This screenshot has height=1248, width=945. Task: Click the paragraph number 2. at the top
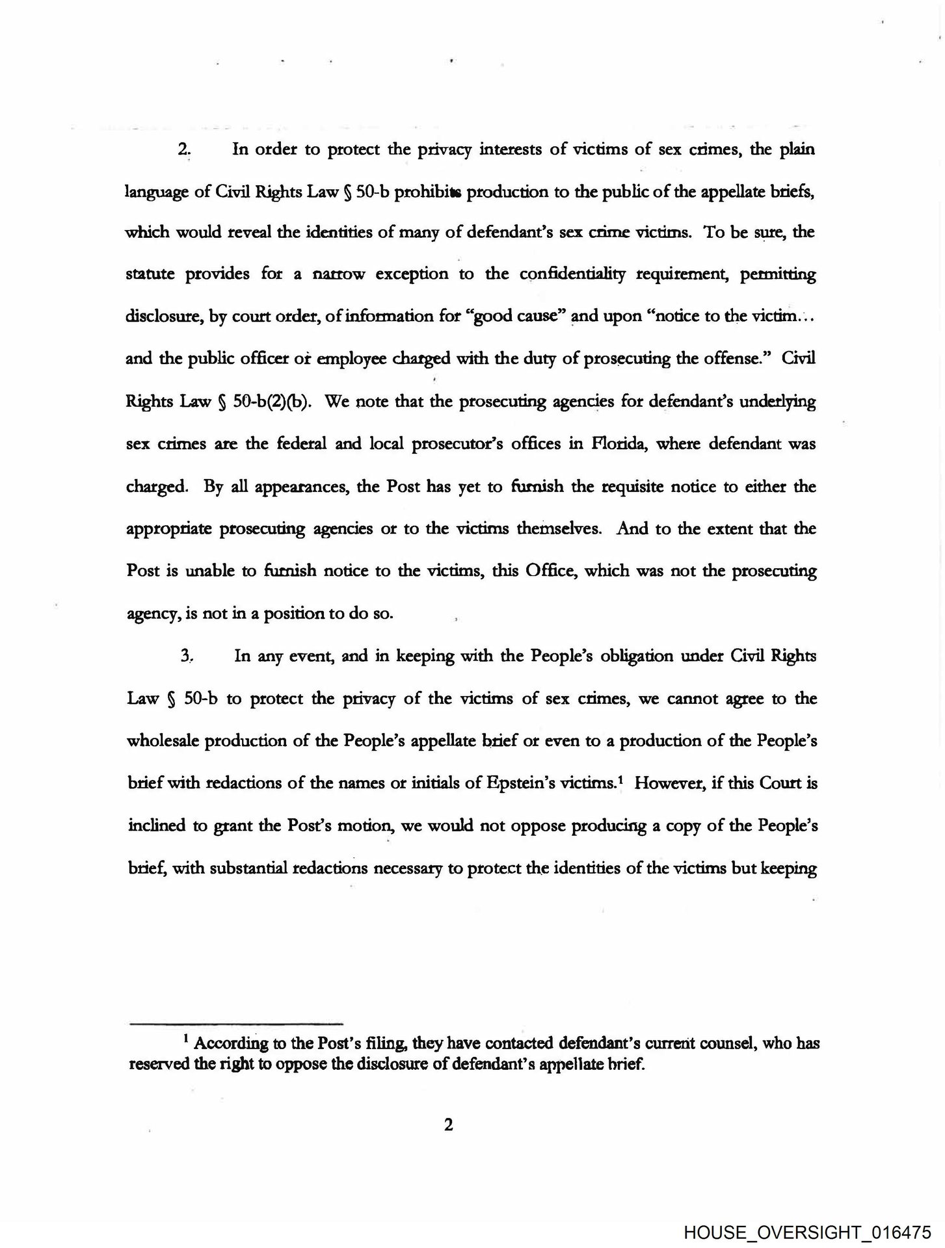click(x=184, y=149)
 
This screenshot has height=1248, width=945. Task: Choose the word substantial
click(x=250, y=868)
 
